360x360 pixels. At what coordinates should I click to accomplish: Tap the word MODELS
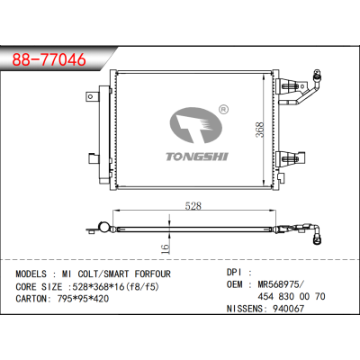pyautogui.click(x=31, y=274)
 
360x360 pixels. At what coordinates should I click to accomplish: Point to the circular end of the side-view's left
pyautogui.click(x=104, y=229)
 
